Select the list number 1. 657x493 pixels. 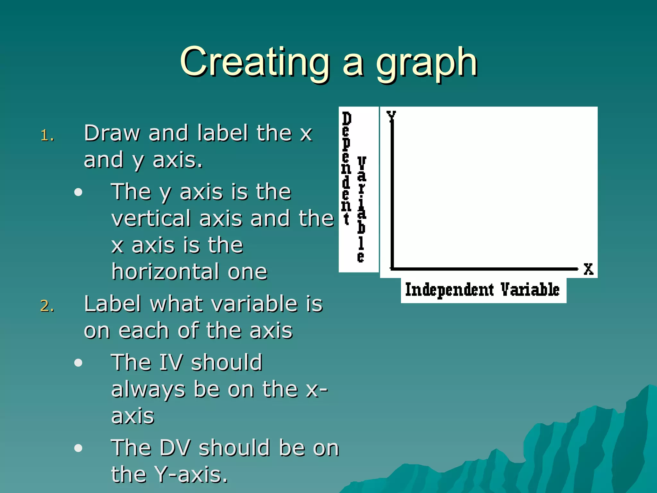click(x=47, y=136)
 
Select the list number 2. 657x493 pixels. click(x=47, y=306)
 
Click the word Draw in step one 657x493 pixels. click(x=112, y=133)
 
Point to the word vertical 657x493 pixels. click(x=151, y=218)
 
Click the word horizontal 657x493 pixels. click(x=166, y=272)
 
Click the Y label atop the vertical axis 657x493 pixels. click(x=391, y=116)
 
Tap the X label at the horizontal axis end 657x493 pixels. click(x=588, y=269)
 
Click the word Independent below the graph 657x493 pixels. click(x=449, y=290)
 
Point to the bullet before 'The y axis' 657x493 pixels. click(x=78, y=192)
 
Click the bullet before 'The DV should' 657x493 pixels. click(x=78, y=448)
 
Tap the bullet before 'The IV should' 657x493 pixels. click(x=78, y=363)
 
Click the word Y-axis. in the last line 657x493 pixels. click(x=191, y=474)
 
